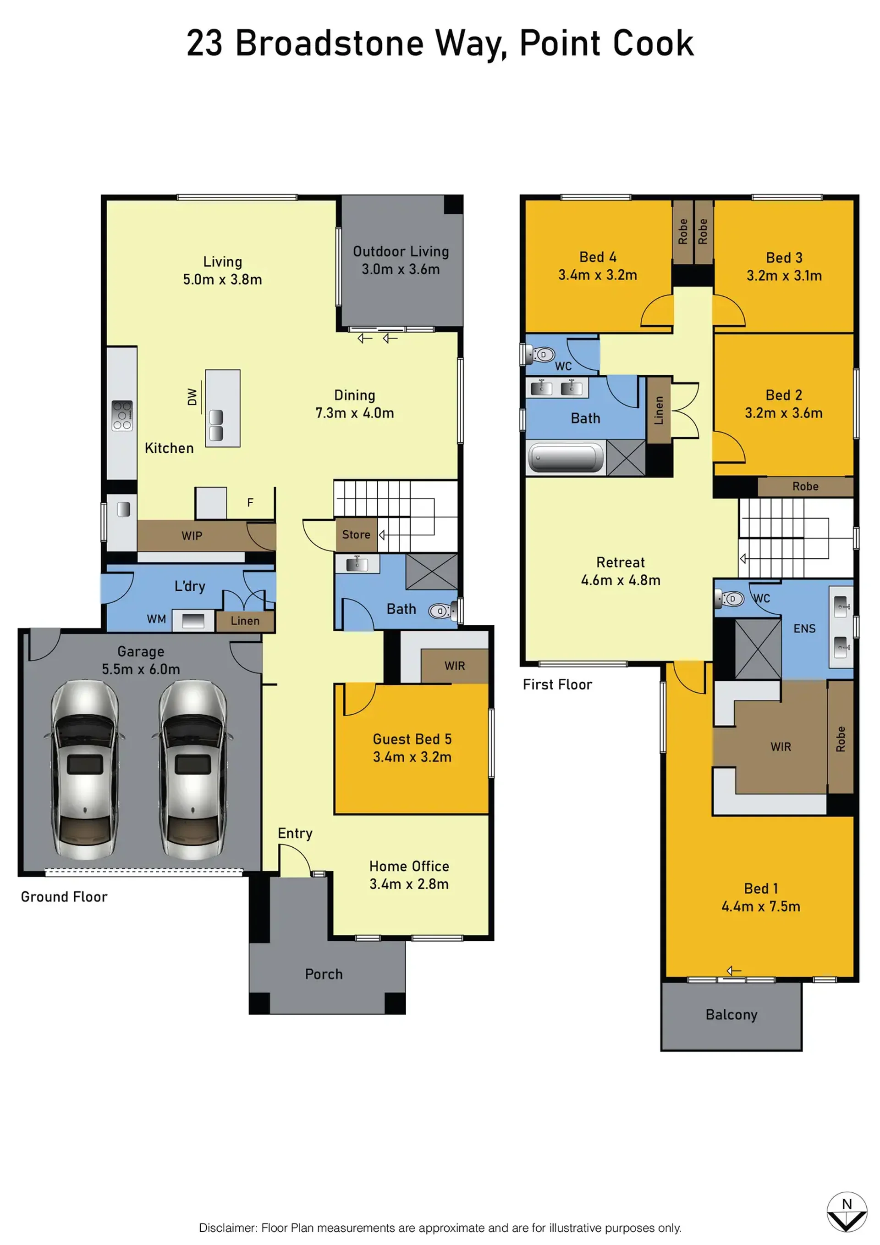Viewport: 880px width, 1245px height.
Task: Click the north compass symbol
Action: point(847,1212)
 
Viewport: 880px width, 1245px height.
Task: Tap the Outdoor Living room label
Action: point(401,251)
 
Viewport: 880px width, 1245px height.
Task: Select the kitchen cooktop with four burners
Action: point(122,415)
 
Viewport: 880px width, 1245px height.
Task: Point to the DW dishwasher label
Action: point(192,396)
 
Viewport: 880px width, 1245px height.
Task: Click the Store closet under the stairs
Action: point(356,535)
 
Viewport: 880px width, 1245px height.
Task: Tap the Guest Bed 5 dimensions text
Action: point(412,757)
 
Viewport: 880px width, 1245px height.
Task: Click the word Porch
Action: point(324,974)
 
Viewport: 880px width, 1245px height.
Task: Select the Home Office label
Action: point(409,867)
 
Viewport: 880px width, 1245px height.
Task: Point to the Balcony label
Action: point(731,1015)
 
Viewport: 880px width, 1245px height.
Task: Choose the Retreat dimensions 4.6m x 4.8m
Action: point(621,580)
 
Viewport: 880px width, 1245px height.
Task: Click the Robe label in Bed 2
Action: point(805,486)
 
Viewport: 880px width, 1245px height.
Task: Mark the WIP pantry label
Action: point(192,536)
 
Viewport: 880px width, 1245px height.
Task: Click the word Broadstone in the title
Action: point(330,44)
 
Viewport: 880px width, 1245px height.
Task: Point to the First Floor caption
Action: point(557,684)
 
